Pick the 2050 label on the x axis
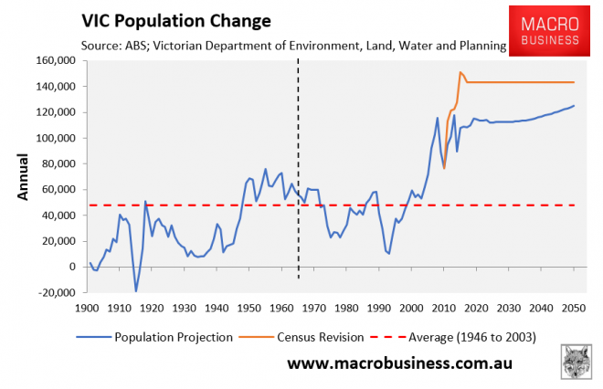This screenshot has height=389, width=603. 574,309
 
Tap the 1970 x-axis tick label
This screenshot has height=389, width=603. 315,309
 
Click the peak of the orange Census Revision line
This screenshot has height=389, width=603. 460,72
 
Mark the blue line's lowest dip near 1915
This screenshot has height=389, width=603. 136,291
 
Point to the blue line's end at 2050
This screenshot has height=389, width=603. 575,106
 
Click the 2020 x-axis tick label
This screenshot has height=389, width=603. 477,309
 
